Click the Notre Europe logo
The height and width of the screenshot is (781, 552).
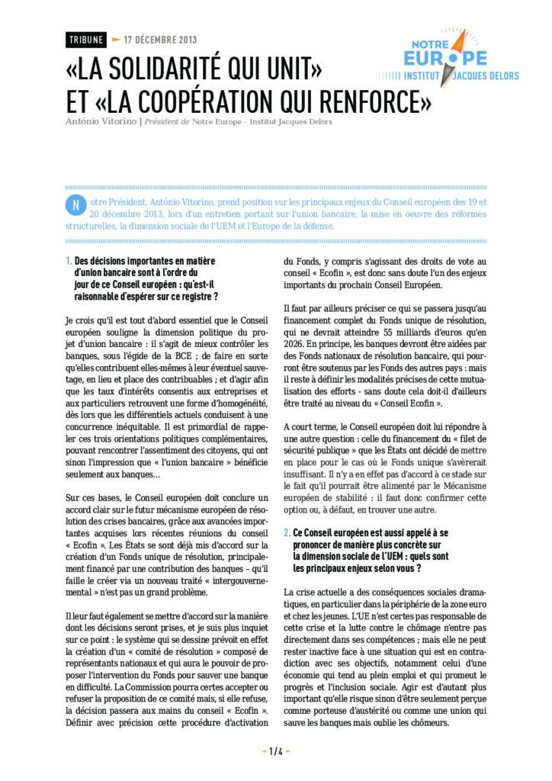coord(448,59)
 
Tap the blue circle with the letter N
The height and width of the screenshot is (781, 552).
coord(75,206)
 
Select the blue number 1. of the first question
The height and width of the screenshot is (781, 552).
coord(69,261)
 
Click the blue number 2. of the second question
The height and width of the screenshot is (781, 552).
coord(287,532)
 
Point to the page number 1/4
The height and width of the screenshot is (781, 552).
coord(276,751)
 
